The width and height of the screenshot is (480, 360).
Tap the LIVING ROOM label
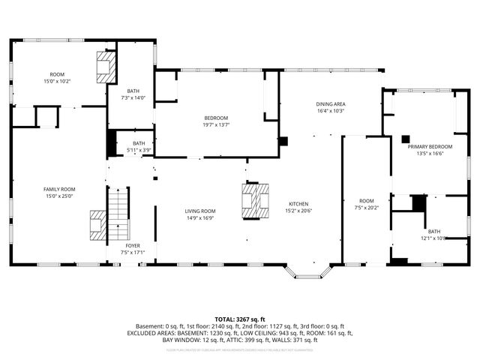(x=200, y=211)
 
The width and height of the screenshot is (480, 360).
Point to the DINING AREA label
(x=330, y=104)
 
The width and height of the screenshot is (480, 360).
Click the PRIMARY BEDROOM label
(x=430, y=147)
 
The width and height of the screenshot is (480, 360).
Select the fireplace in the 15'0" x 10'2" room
(x=106, y=67)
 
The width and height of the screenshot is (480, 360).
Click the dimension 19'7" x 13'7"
(x=216, y=125)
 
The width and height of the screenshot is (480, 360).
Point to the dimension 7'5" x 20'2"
(x=366, y=208)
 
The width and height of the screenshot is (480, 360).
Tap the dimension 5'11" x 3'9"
(x=139, y=150)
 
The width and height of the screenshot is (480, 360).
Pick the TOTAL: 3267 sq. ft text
(x=240, y=319)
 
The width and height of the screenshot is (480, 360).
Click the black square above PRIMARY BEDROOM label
(x=405, y=138)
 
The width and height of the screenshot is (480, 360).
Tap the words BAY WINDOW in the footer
(x=152, y=340)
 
